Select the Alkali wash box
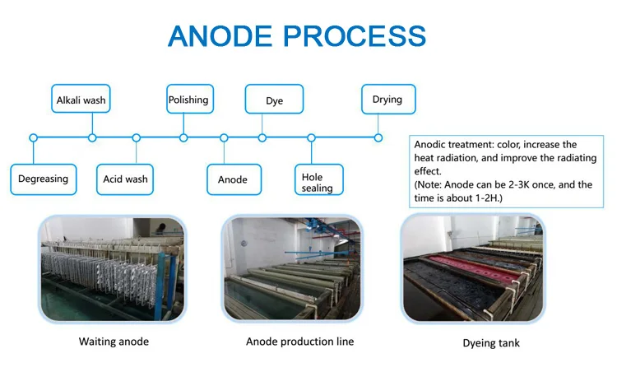[x=81, y=101]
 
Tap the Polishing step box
[x=189, y=100]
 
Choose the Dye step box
[x=274, y=100]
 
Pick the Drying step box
[x=388, y=100]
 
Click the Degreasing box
[x=44, y=179]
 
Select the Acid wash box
[x=125, y=179]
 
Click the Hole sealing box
[x=318, y=182]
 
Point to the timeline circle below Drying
[x=378, y=137]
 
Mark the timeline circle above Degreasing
[x=33, y=137]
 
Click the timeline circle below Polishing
[x=183, y=137]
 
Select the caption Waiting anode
[x=114, y=342]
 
